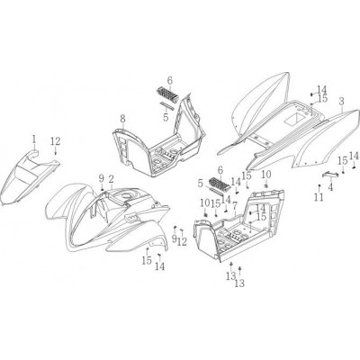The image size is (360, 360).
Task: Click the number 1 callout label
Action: (x=34, y=139)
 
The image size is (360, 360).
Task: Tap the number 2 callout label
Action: (x=111, y=179)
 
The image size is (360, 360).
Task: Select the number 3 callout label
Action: (x=341, y=102)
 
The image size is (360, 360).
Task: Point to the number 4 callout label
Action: (x=330, y=187)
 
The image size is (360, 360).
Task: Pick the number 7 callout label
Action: (x=235, y=205)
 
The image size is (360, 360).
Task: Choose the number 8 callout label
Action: (x=122, y=119)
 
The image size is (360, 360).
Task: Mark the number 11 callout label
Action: (x=319, y=197)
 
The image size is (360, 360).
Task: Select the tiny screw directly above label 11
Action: (x=319, y=186)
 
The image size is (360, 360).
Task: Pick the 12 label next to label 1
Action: (x=56, y=141)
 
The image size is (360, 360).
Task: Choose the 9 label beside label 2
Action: (x=102, y=179)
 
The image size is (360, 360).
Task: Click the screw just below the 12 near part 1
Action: (x=56, y=153)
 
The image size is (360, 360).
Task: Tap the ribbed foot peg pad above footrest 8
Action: (x=167, y=94)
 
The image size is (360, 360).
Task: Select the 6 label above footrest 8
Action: (x=170, y=81)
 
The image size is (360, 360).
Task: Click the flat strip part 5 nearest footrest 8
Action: (x=167, y=106)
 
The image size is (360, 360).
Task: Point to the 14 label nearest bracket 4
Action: (x=354, y=157)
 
